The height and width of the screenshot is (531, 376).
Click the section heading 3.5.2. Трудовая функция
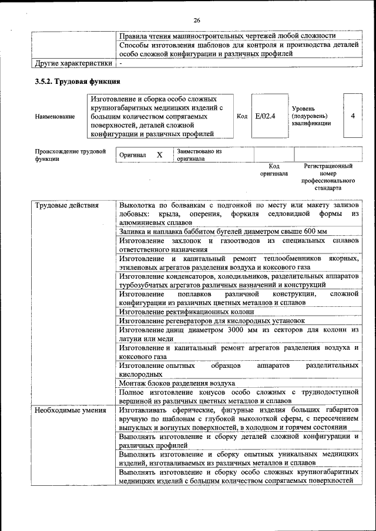78,82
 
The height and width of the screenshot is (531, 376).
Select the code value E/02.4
266,116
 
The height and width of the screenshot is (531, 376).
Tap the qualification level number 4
352,116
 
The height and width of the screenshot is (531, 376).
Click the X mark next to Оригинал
159,155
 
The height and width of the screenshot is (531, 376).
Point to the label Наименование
55,116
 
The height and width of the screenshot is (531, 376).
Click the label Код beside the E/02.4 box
241,116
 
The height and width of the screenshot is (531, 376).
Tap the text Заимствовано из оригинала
199,155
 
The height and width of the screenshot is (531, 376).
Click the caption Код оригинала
274,170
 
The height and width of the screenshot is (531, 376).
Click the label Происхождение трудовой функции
70,155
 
